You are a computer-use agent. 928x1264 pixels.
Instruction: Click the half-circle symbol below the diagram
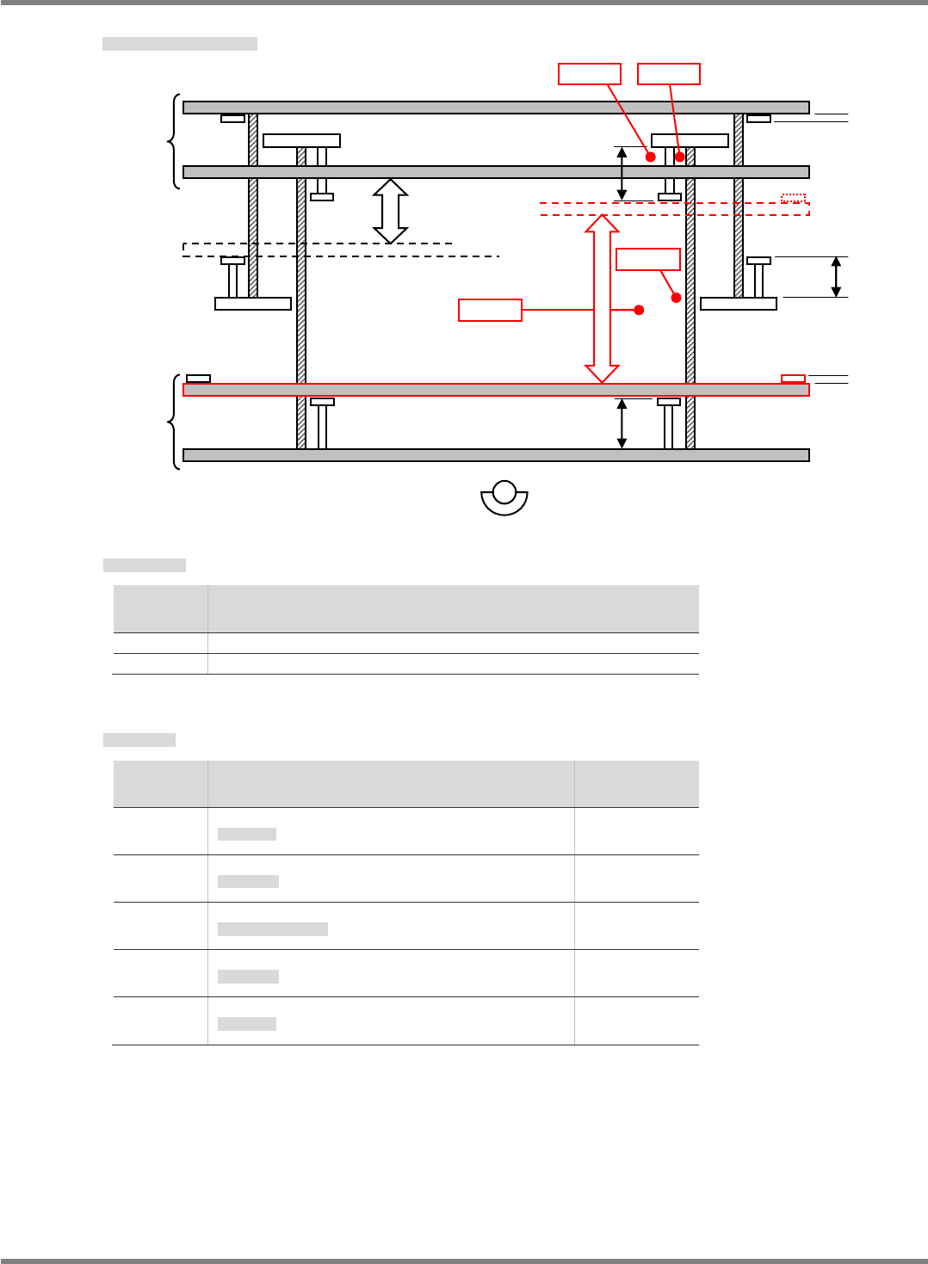click(x=504, y=498)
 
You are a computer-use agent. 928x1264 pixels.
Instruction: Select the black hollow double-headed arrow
click(x=390, y=212)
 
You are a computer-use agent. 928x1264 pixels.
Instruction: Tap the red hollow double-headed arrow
click(x=602, y=298)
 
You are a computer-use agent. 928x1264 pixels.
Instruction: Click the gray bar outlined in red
click(x=496, y=390)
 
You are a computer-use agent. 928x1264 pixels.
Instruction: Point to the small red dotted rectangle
click(x=793, y=199)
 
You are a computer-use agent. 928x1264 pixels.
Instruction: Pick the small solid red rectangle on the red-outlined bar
click(x=793, y=379)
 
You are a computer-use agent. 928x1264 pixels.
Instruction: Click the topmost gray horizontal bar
click(x=496, y=108)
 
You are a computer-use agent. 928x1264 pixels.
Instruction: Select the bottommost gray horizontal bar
click(x=496, y=455)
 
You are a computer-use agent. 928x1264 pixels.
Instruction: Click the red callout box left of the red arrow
click(x=490, y=310)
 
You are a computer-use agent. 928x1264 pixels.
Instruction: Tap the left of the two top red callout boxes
click(x=590, y=74)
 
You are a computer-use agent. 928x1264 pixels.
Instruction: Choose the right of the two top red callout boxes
click(x=669, y=74)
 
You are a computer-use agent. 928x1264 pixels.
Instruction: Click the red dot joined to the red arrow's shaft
click(x=639, y=310)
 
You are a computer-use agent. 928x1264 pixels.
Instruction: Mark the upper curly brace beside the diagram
click(x=175, y=141)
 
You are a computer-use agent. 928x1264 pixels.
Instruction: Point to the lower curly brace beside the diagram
click(x=175, y=422)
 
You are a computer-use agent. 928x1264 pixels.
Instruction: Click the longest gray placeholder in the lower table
click(x=273, y=929)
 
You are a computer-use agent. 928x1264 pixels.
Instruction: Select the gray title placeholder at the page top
click(x=180, y=44)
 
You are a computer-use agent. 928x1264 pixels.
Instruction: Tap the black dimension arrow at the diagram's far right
click(x=836, y=277)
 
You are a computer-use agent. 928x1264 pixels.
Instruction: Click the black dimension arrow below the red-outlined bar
click(x=622, y=423)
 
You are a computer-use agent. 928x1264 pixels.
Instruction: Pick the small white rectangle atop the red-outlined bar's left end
click(x=199, y=379)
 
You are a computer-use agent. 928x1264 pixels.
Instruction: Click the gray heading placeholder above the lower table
click(x=139, y=740)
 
